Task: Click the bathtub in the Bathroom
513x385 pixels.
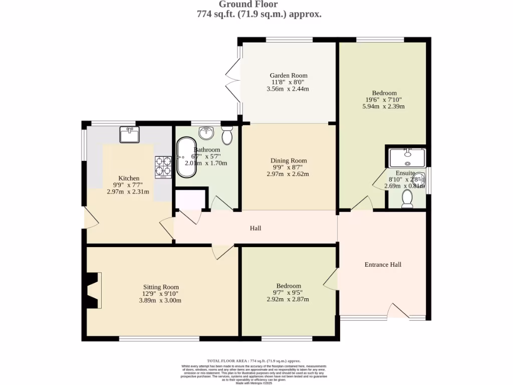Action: coord(186,157)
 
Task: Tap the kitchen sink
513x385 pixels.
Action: coord(130,135)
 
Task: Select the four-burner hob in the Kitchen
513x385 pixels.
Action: coord(163,167)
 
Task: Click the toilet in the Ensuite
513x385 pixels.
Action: coord(407,199)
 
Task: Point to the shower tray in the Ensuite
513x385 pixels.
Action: coord(408,157)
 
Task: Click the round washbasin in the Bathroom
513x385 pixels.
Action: coord(206,133)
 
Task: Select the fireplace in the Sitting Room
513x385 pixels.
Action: coord(93,290)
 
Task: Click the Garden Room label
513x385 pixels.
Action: coord(289,75)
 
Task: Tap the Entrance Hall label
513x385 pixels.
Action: coord(383,264)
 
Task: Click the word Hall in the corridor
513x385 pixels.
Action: coord(255,228)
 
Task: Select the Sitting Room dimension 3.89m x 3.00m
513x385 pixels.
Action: coord(160,300)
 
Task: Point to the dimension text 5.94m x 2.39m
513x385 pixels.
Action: coord(384,106)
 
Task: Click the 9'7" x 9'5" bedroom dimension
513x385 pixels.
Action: coord(288,292)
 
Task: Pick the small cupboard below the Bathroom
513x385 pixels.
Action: coord(190,199)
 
